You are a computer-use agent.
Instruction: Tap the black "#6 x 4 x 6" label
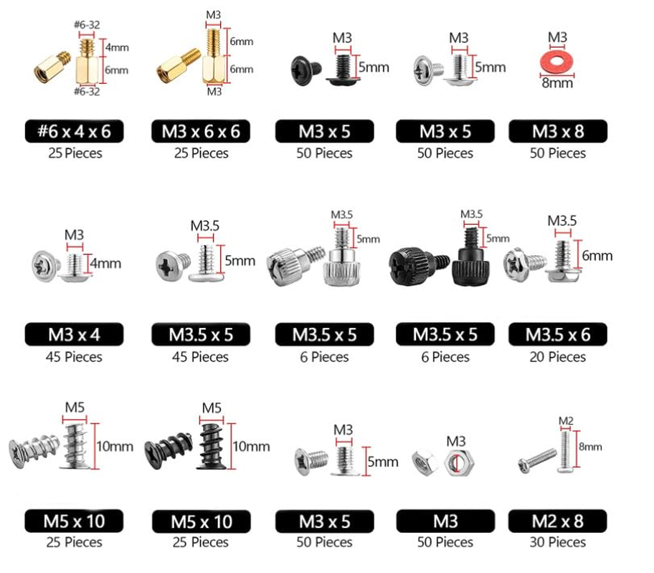coord(74,131)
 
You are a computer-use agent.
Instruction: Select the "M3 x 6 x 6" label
coord(202,131)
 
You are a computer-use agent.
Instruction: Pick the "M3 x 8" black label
coord(558,131)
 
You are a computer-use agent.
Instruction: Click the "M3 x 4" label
coord(74,334)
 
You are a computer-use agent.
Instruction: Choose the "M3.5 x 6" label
coord(558,334)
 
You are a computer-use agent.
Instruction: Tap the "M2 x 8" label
coord(558,520)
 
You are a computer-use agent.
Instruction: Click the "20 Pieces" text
coord(558,357)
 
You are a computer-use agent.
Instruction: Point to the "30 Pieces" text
coord(558,542)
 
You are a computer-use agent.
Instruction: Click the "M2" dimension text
coord(566,420)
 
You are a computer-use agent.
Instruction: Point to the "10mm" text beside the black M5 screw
coord(252,446)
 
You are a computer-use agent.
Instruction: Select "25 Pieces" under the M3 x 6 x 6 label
coord(202,153)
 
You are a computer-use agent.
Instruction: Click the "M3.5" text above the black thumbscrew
coord(471,213)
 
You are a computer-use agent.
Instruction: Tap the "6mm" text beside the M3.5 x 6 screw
coord(598,256)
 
